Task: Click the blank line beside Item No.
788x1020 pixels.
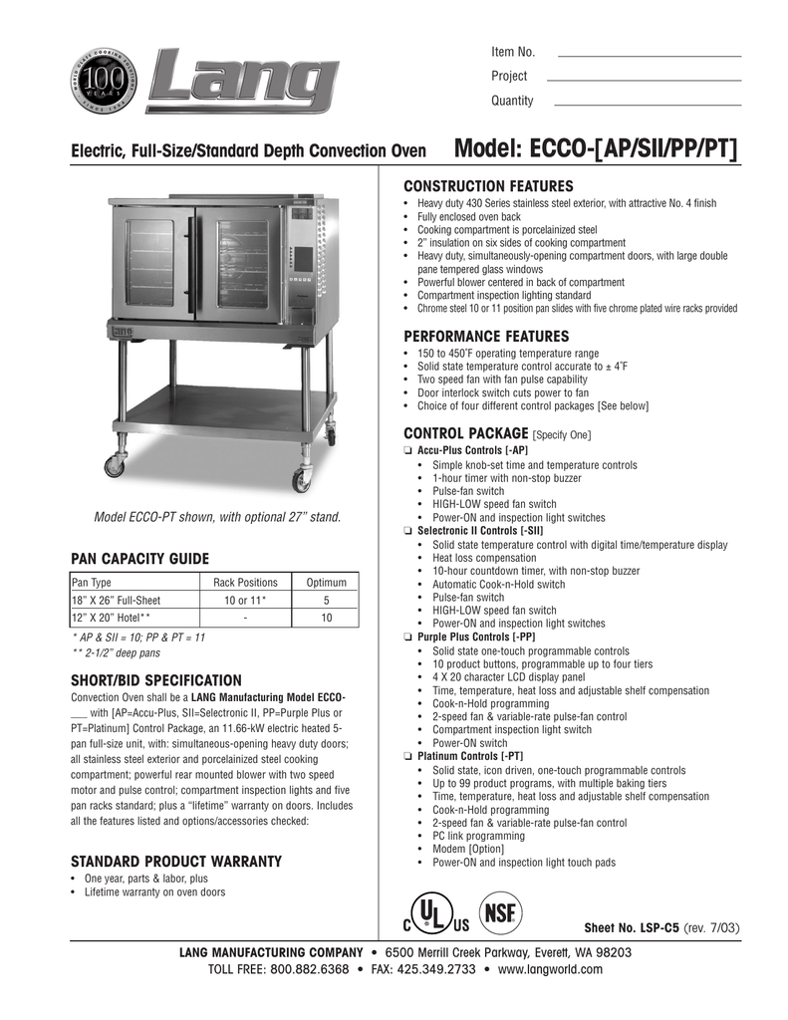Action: (649, 55)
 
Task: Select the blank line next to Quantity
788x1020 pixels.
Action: (647, 104)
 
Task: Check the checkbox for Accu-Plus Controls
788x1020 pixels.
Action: (407, 451)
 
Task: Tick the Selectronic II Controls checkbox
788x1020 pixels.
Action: (407, 532)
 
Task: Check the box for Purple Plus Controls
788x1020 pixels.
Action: (407, 637)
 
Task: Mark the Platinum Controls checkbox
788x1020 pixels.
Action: (407, 757)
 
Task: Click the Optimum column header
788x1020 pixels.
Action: (326, 583)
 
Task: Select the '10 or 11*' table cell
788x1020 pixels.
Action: (245, 601)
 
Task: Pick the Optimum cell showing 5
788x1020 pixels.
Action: (326, 601)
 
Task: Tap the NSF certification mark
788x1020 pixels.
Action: (501, 913)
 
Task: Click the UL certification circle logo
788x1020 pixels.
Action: (429, 914)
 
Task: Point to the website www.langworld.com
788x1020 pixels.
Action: (551, 969)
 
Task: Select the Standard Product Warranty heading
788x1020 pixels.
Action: (175, 861)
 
